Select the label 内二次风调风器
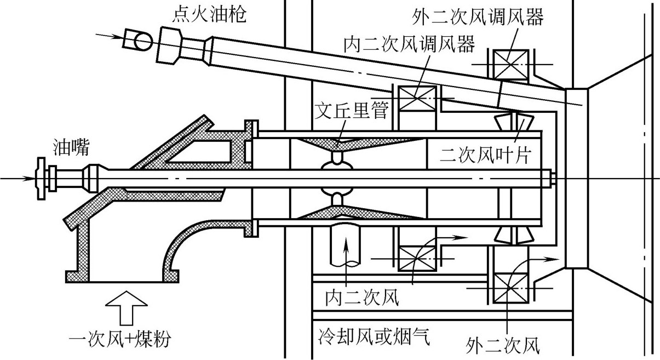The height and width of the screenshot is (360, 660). click(x=409, y=43)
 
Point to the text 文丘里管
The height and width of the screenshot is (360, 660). click(x=353, y=112)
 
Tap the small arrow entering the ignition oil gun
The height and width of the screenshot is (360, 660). click(x=109, y=37)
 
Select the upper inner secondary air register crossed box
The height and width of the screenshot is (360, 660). click(x=417, y=99)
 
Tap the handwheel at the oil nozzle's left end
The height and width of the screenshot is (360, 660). click(x=41, y=178)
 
